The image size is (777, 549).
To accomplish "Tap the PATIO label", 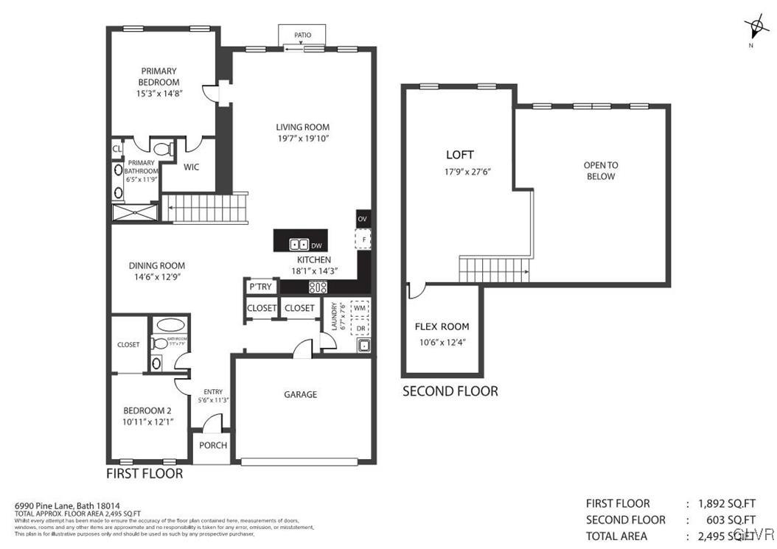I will coord(302,35).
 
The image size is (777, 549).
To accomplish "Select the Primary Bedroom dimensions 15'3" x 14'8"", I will coord(158,94).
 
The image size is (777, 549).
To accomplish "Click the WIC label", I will coord(192,167).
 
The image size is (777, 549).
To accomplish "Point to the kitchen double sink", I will coord(299,245).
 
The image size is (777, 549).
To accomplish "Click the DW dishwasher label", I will coord(316,245).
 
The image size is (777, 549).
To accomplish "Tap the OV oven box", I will coord(362,219).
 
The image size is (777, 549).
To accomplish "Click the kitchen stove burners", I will coord(318,287).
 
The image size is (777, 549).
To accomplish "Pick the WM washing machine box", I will coord(360,307).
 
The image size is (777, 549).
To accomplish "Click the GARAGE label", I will coord(301,394).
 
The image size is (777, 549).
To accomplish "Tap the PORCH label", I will coord(213,445).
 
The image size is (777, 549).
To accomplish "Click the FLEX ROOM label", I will coord(442,326).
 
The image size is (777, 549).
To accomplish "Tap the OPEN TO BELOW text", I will coord(601,171).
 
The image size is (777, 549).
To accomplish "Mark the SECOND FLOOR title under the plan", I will coord(450,391).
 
